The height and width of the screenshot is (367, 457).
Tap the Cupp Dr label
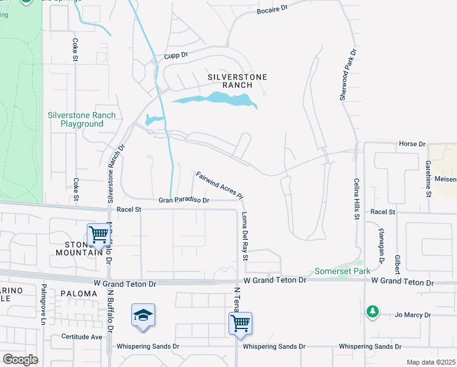[x=176, y=56]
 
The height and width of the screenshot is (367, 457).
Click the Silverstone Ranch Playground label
[x=82, y=119]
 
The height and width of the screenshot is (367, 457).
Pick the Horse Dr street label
[x=411, y=144]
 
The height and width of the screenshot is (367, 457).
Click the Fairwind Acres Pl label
[x=219, y=185]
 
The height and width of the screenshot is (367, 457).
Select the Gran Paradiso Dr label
[x=184, y=200]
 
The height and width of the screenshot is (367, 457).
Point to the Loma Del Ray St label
[x=245, y=236]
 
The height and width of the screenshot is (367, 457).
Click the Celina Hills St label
[x=356, y=199]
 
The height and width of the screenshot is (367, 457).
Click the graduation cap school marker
[x=143, y=316]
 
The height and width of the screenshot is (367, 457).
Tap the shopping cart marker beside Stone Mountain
[x=98, y=235]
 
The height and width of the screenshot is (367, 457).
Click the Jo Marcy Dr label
[x=412, y=316]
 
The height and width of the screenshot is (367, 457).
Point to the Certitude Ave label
[x=81, y=337]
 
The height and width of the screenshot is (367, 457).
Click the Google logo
[x=20, y=360]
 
